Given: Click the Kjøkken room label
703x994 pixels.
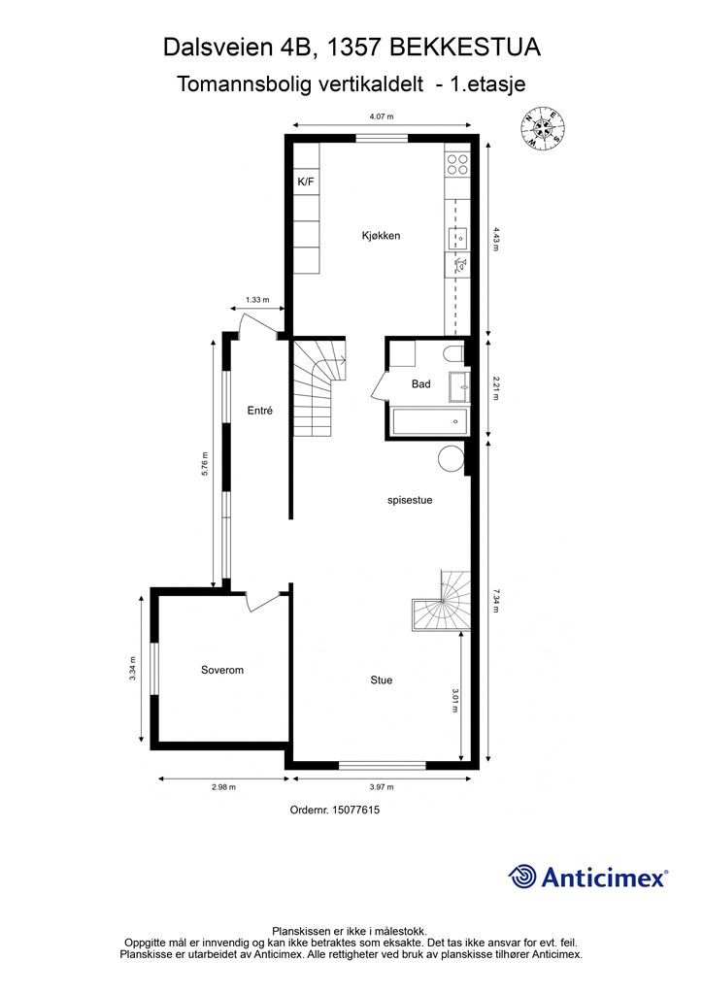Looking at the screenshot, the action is pyautogui.click(x=381, y=236).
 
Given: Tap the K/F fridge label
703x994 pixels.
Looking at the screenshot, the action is pyautogui.click(x=306, y=182).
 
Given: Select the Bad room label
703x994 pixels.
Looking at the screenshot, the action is pyautogui.click(x=420, y=383).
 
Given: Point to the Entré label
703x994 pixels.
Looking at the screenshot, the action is pyautogui.click(x=260, y=411).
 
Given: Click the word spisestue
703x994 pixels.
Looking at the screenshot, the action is pyautogui.click(x=410, y=500).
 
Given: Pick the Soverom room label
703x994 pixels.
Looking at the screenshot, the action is pyautogui.click(x=221, y=670).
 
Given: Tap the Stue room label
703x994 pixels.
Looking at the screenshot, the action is pyautogui.click(x=382, y=680).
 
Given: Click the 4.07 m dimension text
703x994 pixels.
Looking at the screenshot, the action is pyautogui.click(x=382, y=116).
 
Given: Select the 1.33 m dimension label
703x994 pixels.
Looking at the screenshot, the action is pyautogui.click(x=257, y=300).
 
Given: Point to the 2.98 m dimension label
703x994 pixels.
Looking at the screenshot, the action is pyautogui.click(x=223, y=787).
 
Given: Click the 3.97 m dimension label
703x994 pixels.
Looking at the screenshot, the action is pyautogui.click(x=382, y=787).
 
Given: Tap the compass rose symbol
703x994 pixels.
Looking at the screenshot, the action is pyautogui.click(x=543, y=129).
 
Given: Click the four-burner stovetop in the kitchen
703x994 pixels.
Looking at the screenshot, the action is pyautogui.click(x=457, y=164).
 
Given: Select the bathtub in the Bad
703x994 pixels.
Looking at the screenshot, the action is pyautogui.click(x=430, y=421).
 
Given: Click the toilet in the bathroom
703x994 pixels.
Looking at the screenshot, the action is pyautogui.click(x=454, y=353).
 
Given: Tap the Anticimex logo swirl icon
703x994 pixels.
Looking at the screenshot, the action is pyautogui.click(x=522, y=877).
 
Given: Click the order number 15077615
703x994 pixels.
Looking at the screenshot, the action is pyautogui.click(x=355, y=810).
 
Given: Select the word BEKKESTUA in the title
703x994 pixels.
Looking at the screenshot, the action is pyautogui.click(x=465, y=48).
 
